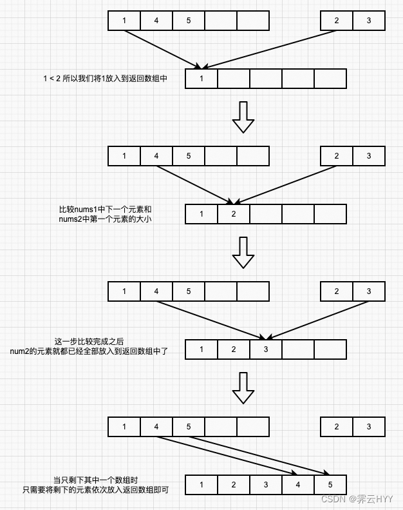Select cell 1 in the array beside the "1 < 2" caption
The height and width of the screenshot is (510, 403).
click(x=201, y=79)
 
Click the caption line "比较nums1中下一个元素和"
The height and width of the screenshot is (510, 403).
click(x=105, y=210)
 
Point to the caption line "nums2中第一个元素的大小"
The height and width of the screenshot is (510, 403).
click(x=105, y=219)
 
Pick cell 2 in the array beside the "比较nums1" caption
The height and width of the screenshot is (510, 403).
click(x=234, y=214)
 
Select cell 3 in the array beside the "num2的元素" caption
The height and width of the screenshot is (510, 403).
click(x=266, y=349)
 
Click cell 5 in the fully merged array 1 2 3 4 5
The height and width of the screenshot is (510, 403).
click(x=330, y=485)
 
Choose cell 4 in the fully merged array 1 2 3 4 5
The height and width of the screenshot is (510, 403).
click(x=298, y=485)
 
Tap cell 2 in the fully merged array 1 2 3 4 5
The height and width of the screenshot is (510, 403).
click(x=234, y=485)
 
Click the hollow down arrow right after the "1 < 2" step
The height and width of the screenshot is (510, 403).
click(x=243, y=117)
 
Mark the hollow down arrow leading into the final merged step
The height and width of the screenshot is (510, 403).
click(x=243, y=388)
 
